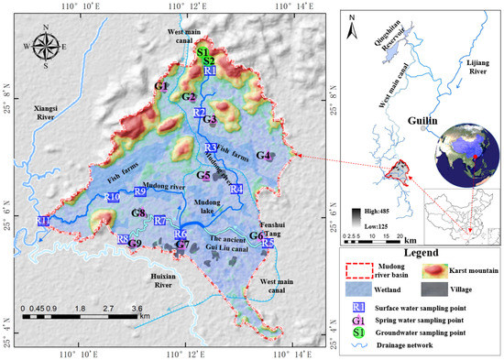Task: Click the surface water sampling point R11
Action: [x=44, y=221]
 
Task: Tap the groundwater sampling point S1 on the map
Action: [x=202, y=53]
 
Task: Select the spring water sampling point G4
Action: [x=264, y=157]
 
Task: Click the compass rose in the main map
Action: [x=43, y=44]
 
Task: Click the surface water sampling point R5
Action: [x=268, y=244]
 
